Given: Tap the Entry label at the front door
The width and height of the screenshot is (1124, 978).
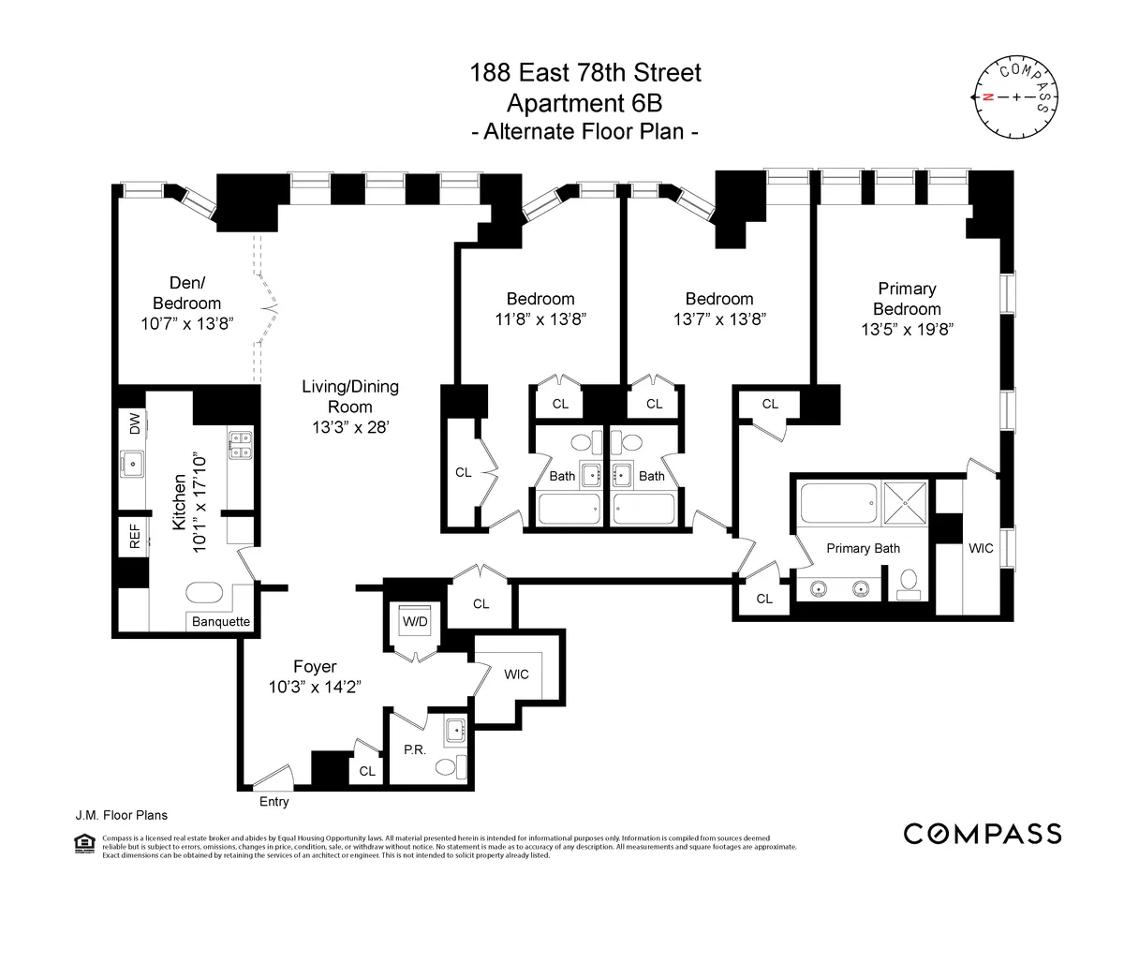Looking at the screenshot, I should [x=274, y=802].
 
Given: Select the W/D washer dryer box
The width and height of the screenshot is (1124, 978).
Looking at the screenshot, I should [x=415, y=622].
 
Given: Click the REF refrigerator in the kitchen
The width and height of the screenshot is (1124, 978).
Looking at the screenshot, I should [x=134, y=536].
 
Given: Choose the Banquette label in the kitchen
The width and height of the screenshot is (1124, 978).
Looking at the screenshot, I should [x=221, y=621].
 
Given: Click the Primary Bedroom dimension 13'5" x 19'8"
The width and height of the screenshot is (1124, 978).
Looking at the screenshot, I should [x=907, y=330].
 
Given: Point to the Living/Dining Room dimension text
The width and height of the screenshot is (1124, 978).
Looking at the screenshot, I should [x=349, y=427].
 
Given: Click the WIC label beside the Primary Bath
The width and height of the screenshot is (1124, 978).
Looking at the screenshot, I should [x=981, y=548].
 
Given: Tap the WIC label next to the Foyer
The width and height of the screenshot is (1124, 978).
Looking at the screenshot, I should [x=516, y=674].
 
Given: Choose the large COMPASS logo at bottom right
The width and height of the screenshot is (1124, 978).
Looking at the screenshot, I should [x=982, y=833].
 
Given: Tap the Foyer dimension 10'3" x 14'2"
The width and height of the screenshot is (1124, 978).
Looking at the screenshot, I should [x=315, y=687].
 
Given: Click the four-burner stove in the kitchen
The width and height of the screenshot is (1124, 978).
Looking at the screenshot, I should [x=239, y=444].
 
